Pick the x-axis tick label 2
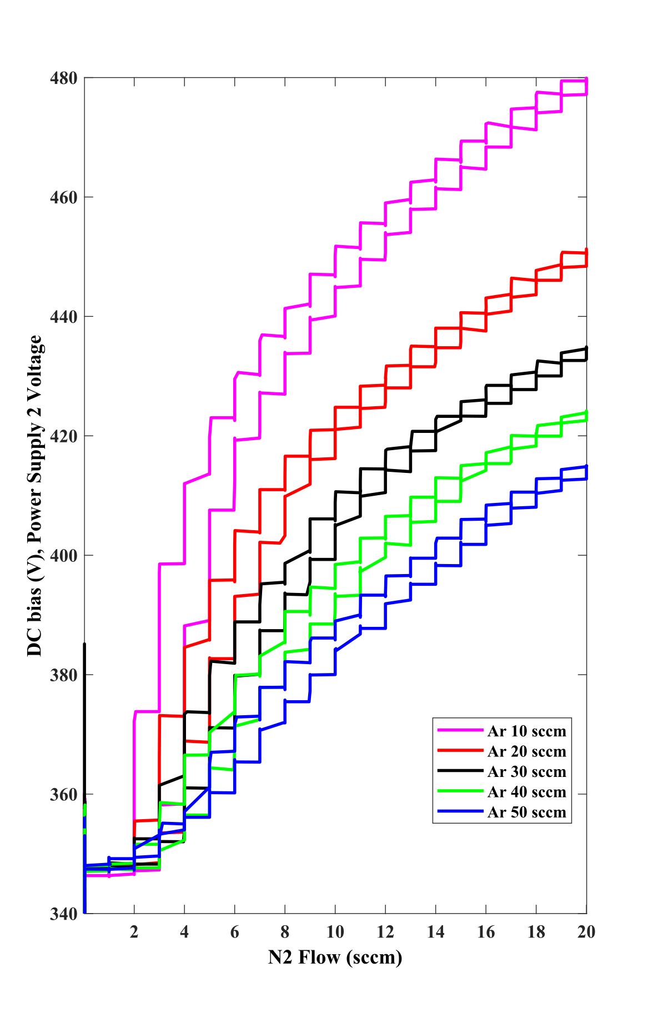[134, 932]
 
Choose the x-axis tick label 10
[335, 932]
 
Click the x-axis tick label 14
[436, 932]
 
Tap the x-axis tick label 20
[586, 932]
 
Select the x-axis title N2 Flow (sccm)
[335, 958]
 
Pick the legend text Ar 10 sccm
[527, 731]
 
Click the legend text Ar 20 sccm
[527, 751]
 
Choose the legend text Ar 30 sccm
[527, 772]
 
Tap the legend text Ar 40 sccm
[527, 792]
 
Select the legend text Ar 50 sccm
[527, 812]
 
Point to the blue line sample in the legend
[460, 811]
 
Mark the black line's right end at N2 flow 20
[586, 348]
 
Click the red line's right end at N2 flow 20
[586, 250]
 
